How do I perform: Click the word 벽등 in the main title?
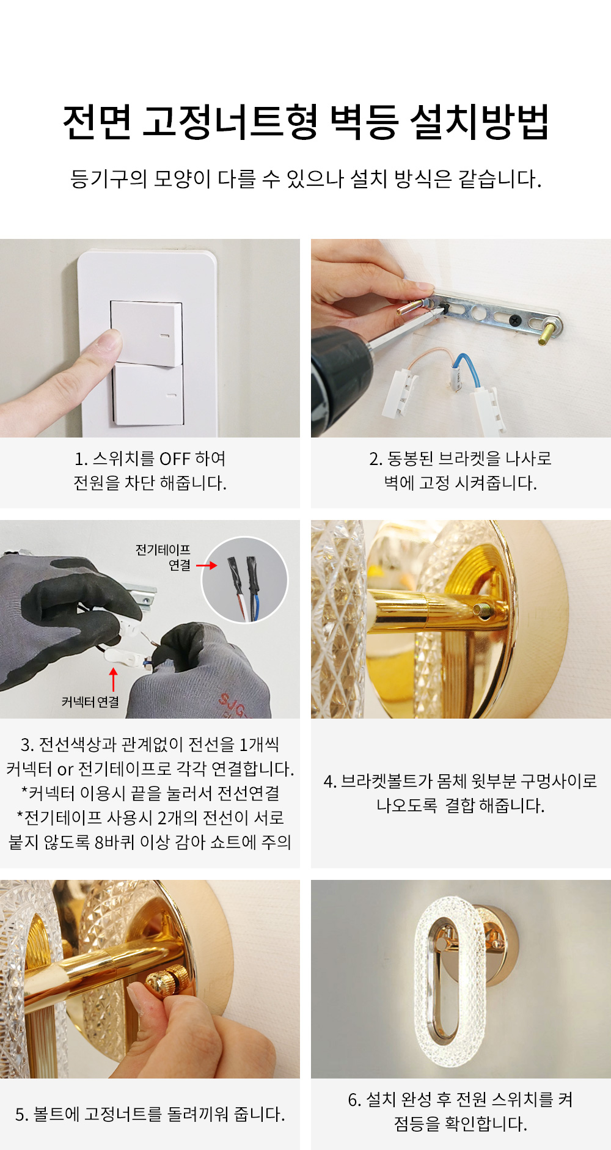point(364,122)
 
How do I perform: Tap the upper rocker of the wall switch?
point(147,333)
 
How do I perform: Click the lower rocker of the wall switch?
point(148,394)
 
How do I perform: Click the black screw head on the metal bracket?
point(514,318)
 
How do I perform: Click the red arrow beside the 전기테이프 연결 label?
point(207,565)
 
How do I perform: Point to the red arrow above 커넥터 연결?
point(113,679)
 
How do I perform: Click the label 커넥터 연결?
point(90,702)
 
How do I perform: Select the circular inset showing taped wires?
point(244,580)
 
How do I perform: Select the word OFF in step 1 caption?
point(175,458)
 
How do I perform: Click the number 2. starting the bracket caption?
point(376,459)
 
